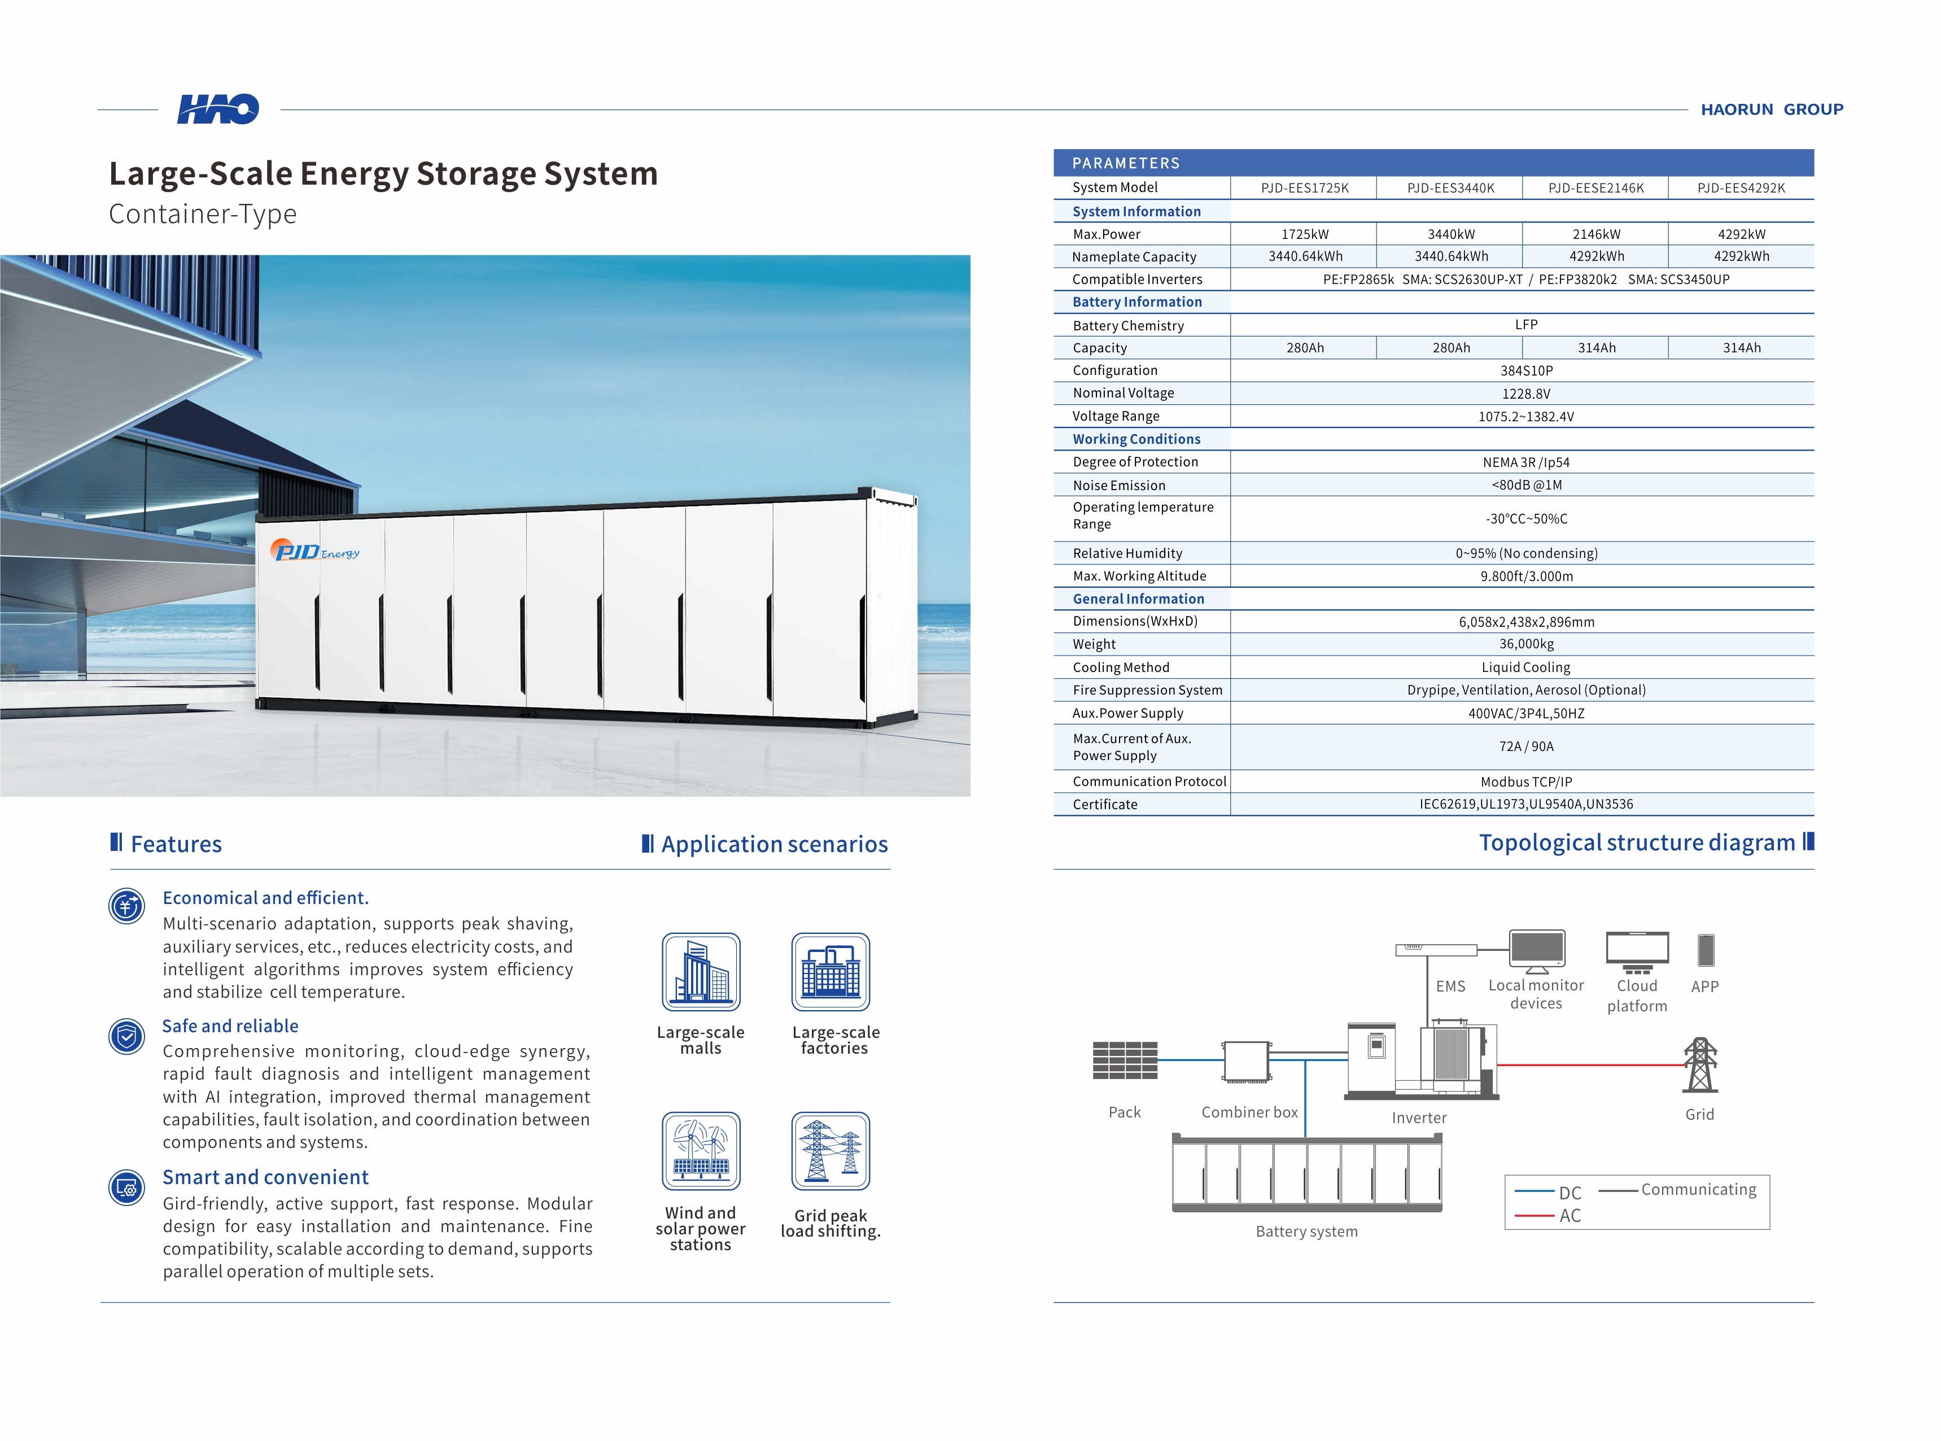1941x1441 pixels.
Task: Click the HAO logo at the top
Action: pyautogui.click(x=218, y=109)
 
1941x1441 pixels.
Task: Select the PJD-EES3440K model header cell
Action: pyautogui.click(x=1450, y=187)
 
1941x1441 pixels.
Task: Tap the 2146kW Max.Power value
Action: pyautogui.click(x=1595, y=234)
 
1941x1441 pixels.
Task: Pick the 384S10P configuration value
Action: pyautogui.click(x=1526, y=371)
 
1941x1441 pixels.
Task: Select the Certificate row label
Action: pyautogui.click(x=1105, y=804)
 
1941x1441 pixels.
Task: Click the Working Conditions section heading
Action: pyautogui.click(x=1136, y=439)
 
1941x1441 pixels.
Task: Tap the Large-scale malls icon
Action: pyautogui.click(x=701, y=972)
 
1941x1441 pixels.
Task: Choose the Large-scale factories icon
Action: pyautogui.click(x=830, y=972)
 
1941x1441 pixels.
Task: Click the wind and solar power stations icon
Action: pyautogui.click(x=701, y=1151)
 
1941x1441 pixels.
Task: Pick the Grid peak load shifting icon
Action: pyautogui.click(x=830, y=1151)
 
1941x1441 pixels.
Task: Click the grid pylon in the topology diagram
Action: pyautogui.click(x=1699, y=1065)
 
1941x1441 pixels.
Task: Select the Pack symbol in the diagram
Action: pyautogui.click(x=1125, y=1060)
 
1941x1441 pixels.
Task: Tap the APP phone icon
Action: pyautogui.click(x=1706, y=950)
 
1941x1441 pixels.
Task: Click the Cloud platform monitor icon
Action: pyautogui.click(x=1637, y=951)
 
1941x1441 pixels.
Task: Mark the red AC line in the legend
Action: pyautogui.click(x=1535, y=1215)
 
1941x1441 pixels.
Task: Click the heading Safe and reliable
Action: pyautogui.click(x=230, y=1026)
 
